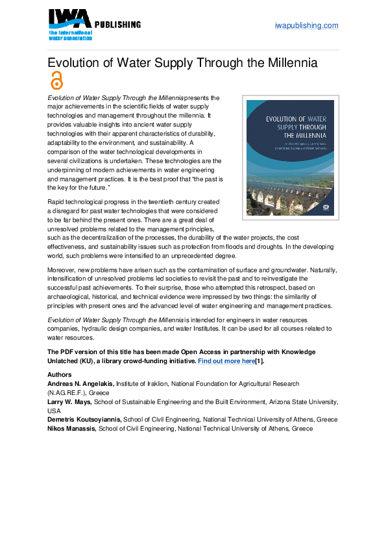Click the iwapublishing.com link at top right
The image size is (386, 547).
point(307,25)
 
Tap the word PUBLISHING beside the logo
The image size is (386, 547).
point(117,25)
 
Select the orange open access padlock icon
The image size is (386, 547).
point(57,80)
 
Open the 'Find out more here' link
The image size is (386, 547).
point(226,361)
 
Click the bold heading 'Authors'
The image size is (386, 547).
point(60,375)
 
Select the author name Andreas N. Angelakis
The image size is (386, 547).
point(80,384)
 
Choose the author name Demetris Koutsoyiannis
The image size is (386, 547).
point(84,420)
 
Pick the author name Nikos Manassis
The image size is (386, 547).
point(72,429)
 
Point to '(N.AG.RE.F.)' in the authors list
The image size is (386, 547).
point(68,393)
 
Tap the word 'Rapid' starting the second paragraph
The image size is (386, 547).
point(57,202)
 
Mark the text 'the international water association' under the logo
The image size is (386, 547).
point(69,34)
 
